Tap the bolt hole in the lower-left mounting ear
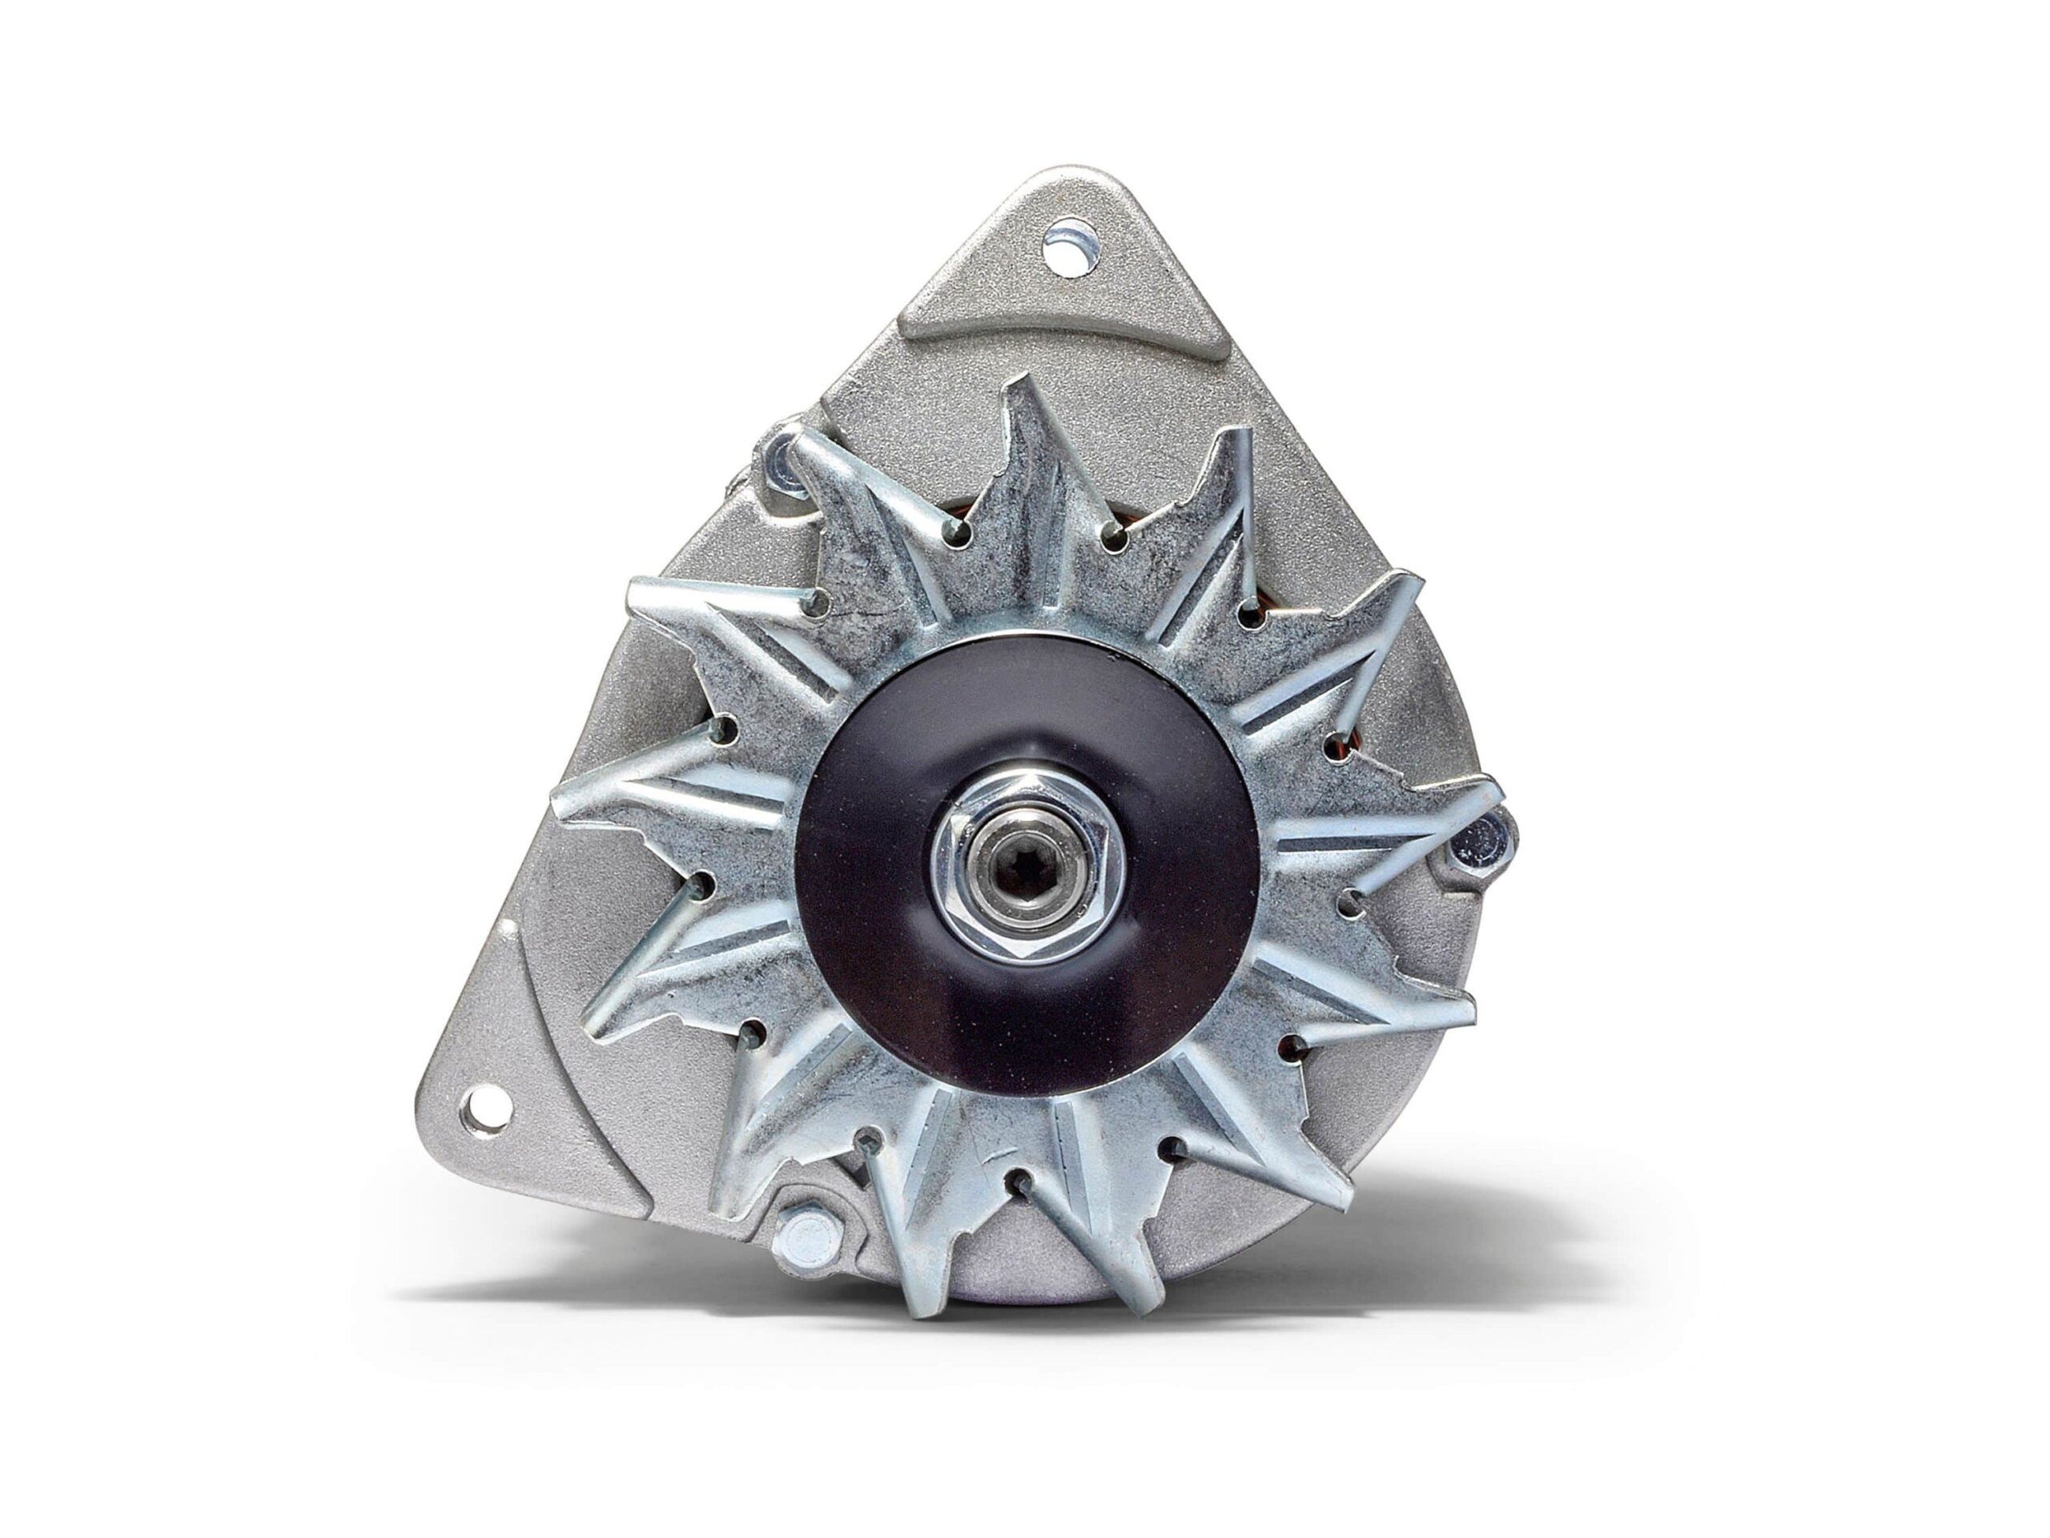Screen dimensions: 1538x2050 [488, 1109]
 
